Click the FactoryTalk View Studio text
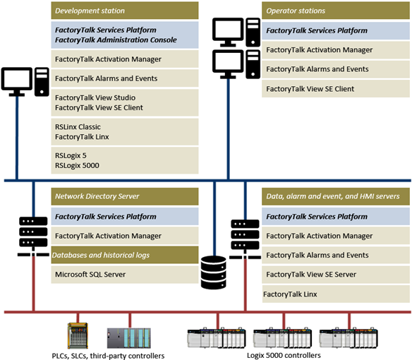click(95, 97)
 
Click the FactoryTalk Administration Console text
click(116, 40)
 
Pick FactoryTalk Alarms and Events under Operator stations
click(317, 69)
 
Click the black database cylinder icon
click(214, 272)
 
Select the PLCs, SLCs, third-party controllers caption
click(109, 354)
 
